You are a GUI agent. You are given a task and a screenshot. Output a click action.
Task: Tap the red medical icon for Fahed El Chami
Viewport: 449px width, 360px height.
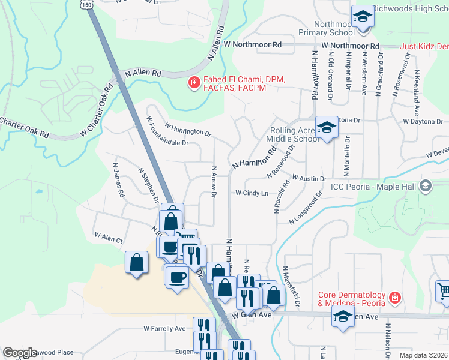pos(194,83)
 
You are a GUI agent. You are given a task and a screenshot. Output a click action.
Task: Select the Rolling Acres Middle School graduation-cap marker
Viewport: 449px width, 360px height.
pos(327,127)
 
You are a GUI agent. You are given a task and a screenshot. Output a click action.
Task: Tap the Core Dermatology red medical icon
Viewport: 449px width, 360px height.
pos(394,297)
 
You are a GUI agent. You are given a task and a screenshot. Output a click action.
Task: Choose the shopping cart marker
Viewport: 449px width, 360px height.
pos(444,291)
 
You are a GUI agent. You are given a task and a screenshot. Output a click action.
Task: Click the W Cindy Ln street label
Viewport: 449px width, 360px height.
pos(252,193)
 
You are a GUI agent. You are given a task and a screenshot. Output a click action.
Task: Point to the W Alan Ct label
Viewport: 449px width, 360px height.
pos(108,238)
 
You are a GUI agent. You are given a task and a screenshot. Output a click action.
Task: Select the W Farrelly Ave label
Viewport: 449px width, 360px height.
pos(164,329)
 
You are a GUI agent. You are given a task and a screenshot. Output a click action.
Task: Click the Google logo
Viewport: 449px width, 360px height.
pos(20,353)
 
